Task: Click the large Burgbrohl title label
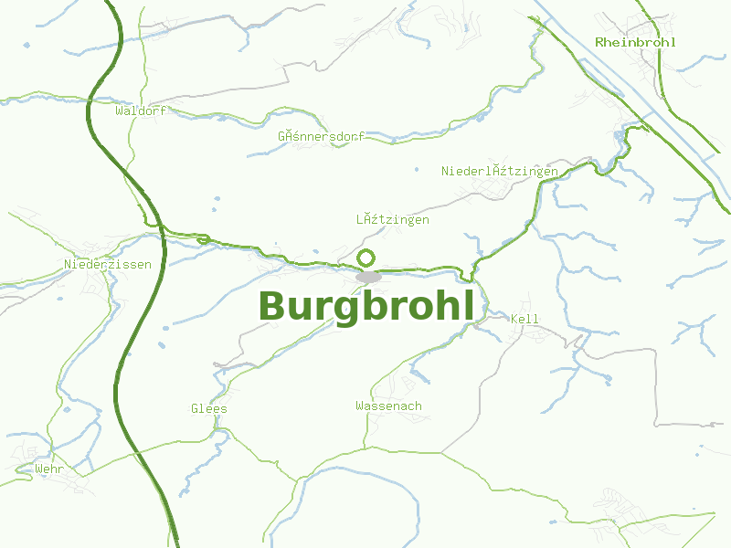click(366, 307)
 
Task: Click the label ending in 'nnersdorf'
click(321, 136)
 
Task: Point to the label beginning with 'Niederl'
click(499, 171)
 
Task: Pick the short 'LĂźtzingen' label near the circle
click(392, 220)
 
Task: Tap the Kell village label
click(525, 319)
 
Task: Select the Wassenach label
click(388, 406)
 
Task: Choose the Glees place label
click(209, 408)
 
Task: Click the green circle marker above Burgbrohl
click(366, 258)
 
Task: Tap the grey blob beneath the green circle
click(368, 277)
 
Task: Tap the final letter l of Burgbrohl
click(469, 305)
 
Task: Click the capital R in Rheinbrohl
click(599, 42)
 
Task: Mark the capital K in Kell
click(515, 319)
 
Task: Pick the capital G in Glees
click(196, 408)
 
